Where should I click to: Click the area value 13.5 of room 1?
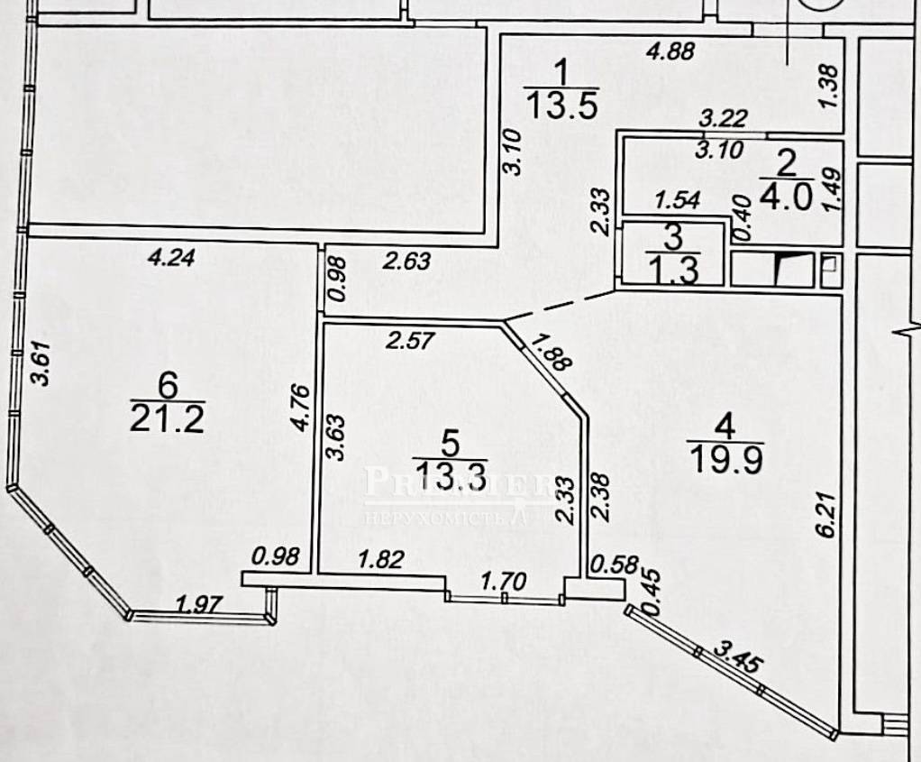560,107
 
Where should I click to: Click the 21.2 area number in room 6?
167,418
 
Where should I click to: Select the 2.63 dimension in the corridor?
407,261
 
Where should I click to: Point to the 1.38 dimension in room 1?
829,88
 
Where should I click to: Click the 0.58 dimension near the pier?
610,565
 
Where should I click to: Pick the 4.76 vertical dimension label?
302,411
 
